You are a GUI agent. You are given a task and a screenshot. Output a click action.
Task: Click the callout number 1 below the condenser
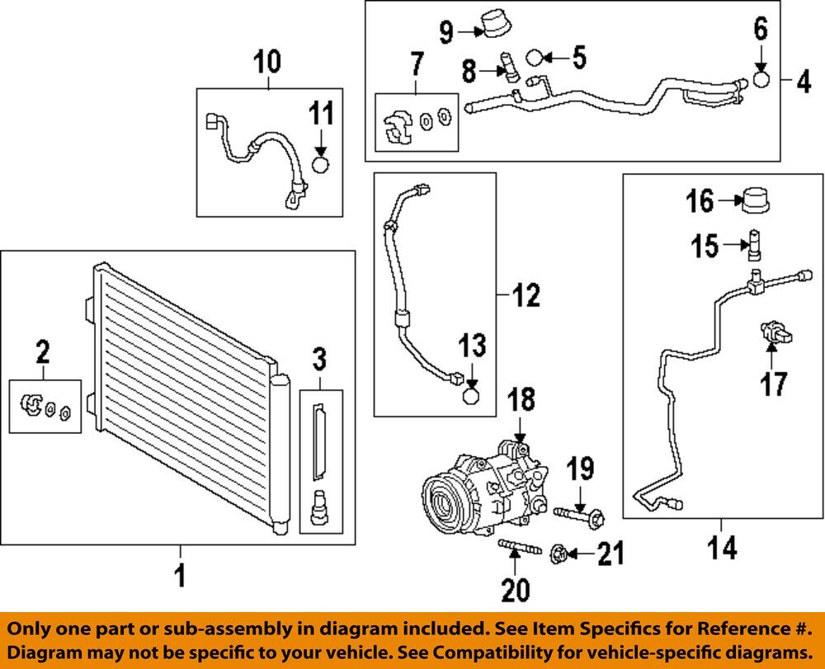coord(180,575)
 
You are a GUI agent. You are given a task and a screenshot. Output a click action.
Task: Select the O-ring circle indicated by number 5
coord(535,58)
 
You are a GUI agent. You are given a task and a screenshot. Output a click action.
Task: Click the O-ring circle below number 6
coord(761,80)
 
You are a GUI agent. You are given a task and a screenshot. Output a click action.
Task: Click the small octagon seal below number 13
coord(470,397)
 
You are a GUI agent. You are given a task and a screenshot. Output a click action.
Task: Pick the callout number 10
coord(266,61)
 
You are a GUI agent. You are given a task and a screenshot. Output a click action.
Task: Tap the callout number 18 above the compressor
coord(521,401)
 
